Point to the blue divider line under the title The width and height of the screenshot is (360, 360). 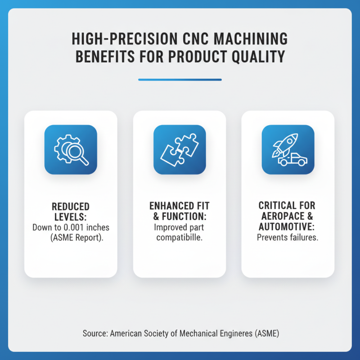tap(180, 80)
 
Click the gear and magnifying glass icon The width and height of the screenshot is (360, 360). tap(71, 149)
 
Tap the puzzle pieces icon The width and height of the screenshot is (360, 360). tap(180, 149)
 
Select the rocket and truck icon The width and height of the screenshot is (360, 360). tap(288, 149)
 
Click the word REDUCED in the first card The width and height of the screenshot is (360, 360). tap(71, 207)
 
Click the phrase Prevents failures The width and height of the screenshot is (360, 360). tap(288, 237)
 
